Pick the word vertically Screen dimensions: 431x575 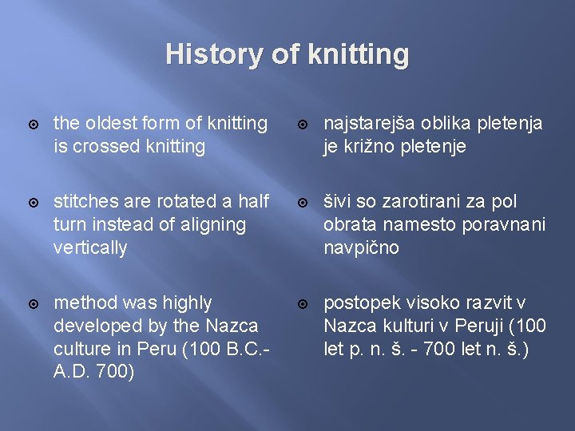click(x=89, y=248)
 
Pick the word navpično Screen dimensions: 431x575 click(x=360, y=248)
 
